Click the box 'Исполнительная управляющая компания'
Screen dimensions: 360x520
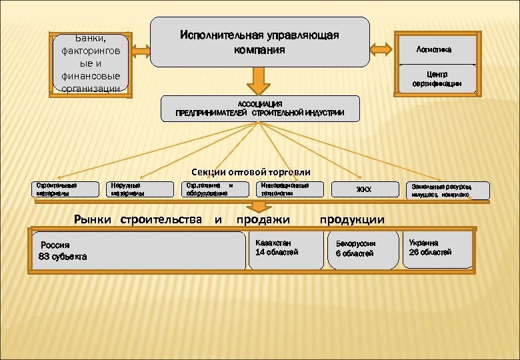pyautogui.click(x=260, y=41)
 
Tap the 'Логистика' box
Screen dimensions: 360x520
pyautogui.click(x=436, y=49)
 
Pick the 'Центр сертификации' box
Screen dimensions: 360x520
pyautogui.click(x=436, y=79)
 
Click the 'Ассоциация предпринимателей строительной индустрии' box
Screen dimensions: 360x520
pyautogui.click(x=260, y=108)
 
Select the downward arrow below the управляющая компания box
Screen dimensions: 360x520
pyautogui.click(x=259, y=81)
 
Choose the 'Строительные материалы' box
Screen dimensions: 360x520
pyautogui.click(x=62, y=189)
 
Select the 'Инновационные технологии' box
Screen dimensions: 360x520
pyautogui.click(x=289, y=189)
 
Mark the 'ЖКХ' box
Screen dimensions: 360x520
pyautogui.click(x=364, y=190)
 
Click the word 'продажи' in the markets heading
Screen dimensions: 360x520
pyautogui.click(x=263, y=219)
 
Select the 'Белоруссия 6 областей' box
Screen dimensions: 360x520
pyautogui.click(x=364, y=249)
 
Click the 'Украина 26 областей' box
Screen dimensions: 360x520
pyautogui.click(x=437, y=248)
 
